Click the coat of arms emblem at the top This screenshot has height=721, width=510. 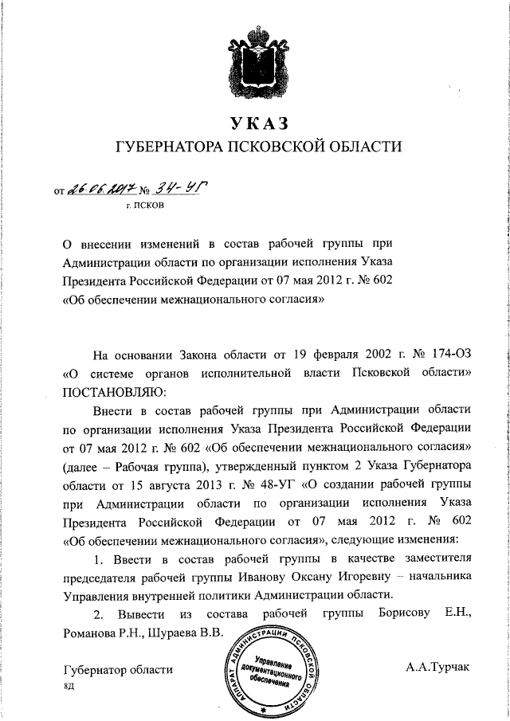tap(256, 60)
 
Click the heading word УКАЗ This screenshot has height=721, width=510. tap(256, 123)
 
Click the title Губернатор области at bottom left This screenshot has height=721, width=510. tap(117, 671)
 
